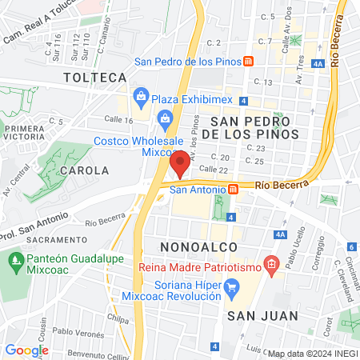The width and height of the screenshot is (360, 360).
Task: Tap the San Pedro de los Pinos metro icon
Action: [x=250, y=61]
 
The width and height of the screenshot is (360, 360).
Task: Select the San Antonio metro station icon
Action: [x=233, y=190]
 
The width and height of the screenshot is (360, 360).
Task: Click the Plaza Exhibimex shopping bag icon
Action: [x=142, y=98]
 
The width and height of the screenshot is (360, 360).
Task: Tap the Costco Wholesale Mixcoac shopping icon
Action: [x=166, y=120]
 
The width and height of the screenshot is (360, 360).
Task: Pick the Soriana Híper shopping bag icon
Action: [x=232, y=285]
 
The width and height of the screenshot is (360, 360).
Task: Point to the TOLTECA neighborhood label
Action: [x=96, y=77]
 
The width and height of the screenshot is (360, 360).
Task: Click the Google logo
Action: [x=26, y=350]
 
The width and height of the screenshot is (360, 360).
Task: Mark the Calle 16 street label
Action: [x=118, y=120]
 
